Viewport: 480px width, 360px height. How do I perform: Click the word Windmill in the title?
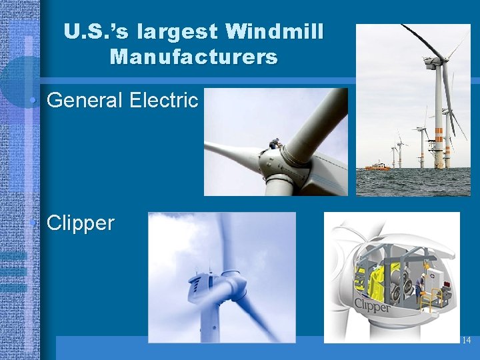click(275, 31)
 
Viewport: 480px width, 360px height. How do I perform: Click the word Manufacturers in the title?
click(193, 57)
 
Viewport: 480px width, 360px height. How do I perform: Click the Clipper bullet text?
click(81, 223)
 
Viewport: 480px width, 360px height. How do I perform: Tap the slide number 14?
click(466, 341)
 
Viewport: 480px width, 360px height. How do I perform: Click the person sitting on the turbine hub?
click(274, 144)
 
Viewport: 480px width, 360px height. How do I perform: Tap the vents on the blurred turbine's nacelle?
click(198, 288)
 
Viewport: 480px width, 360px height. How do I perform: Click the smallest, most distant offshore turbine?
click(393, 155)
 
